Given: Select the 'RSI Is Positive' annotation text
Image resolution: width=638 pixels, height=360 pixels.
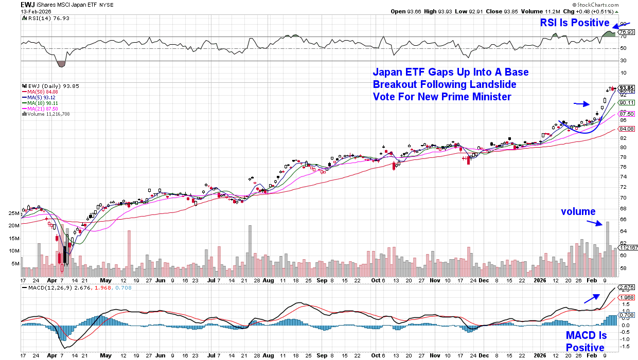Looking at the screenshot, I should point(574,23).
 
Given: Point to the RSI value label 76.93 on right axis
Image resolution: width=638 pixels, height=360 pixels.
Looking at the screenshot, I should point(626,32).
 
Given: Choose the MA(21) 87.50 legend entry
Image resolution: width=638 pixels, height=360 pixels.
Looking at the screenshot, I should point(41,109).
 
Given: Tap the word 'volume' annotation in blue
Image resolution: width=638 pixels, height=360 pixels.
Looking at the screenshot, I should point(578,211).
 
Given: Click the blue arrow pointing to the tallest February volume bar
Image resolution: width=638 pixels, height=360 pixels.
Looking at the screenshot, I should point(595,223).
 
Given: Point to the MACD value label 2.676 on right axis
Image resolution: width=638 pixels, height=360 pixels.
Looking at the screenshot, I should point(627,287).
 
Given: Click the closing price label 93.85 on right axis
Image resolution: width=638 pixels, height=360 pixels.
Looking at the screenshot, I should point(627,87).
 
